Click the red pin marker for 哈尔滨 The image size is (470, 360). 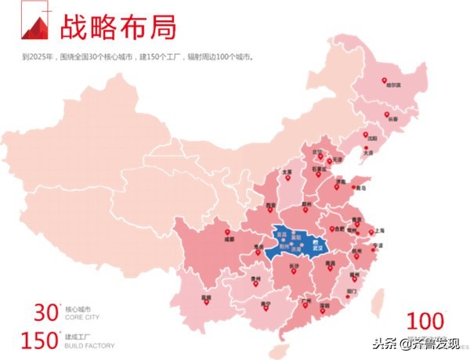385,81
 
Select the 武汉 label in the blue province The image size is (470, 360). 317,250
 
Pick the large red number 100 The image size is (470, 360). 425,320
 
